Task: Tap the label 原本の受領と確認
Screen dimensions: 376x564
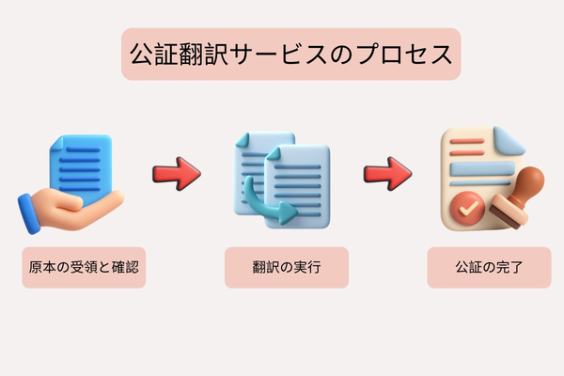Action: pyautogui.click(x=84, y=268)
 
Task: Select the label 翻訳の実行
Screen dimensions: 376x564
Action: pyautogui.click(x=287, y=268)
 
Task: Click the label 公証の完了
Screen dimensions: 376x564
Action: pyautogui.click(x=489, y=268)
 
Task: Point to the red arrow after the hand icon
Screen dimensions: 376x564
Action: pyautogui.click(x=176, y=173)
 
